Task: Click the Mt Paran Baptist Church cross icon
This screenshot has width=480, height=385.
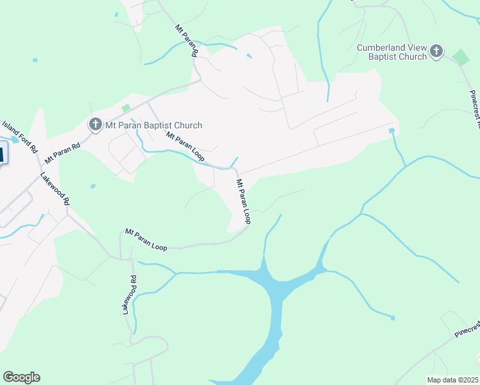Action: click(x=95, y=124)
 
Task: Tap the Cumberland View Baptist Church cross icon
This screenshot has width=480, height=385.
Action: click(x=436, y=51)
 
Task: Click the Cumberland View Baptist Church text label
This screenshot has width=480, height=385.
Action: click(x=392, y=52)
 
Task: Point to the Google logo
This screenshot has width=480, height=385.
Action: click(x=21, y=377)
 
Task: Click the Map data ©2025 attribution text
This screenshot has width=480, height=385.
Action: click(x=452, y=380)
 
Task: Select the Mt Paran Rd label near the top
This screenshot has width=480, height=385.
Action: click(x=185, y=41)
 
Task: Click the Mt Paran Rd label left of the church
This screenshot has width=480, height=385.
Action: click(x=62, y=154)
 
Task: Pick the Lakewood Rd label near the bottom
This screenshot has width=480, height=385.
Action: click(x=130, y=295)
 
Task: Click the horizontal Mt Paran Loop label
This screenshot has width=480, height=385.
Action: click(x=146, y=240)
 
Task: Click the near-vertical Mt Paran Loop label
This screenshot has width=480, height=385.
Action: click(x=243, y=201)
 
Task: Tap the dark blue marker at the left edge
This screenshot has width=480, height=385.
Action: click(x=2, y=155)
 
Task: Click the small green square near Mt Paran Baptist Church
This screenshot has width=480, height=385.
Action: click(x=126, y=108)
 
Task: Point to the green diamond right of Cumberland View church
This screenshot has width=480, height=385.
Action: click(x=460, y=56)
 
